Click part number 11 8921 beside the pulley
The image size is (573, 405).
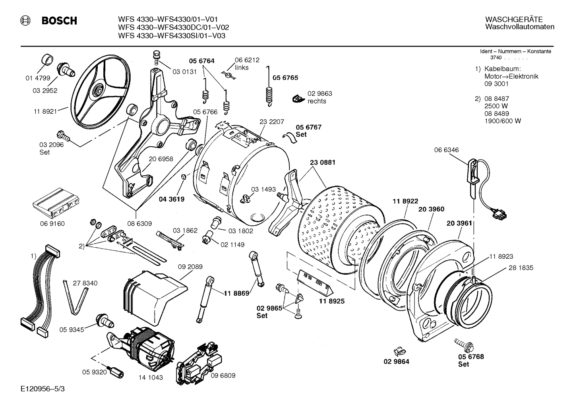click(45, 112)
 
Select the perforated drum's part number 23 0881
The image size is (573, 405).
click(322, 162)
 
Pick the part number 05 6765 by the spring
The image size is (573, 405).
click(285, 78)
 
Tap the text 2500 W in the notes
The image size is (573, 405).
click(496, 106)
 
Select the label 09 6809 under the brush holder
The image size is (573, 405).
click(223, 375)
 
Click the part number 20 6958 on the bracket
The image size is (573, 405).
click(161, 159)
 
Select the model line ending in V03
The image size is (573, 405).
click(172, 35)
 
